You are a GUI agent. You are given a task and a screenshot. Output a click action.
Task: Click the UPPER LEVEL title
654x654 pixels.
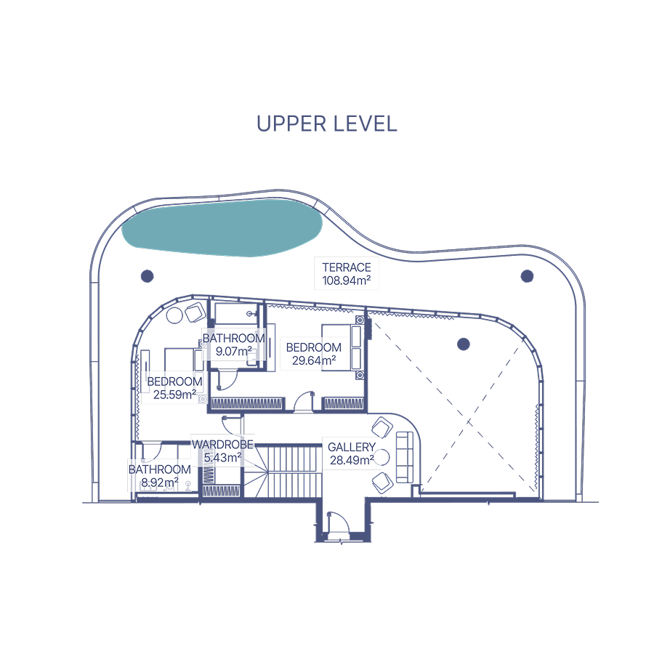pos(326,124)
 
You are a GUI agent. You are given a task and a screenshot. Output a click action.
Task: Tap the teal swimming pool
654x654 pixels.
pos(222,227)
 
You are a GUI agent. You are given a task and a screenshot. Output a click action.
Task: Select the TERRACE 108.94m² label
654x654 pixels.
pos(346,274)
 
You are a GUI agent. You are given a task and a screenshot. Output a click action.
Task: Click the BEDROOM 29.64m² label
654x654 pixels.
pos(314,354)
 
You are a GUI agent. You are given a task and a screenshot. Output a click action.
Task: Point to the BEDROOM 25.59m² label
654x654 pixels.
pos(174,388)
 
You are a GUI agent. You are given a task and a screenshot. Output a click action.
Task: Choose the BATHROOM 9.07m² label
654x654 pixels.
pos(233,344)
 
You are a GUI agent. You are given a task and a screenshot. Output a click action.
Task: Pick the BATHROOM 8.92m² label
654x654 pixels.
pos(160,476)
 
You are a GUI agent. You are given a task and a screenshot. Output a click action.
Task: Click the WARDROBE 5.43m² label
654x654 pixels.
pos(223,451)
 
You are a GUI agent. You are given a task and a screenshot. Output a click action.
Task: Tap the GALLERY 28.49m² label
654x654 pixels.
pos(352,453)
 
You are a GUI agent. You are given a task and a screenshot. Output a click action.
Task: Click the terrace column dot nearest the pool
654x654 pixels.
pos(148,276)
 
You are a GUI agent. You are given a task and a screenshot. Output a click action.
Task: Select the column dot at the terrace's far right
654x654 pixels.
pos(528,276)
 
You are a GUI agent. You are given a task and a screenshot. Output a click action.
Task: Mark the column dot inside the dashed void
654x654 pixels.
pos(464,344)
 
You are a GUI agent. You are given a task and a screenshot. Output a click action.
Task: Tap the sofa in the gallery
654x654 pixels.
pos(404,457)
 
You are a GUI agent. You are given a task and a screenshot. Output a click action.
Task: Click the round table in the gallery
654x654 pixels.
pos(381,458)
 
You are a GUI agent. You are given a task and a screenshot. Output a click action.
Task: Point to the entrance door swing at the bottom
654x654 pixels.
pos(339,522)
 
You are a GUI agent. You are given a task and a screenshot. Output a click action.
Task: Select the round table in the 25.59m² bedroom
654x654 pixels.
pos(174,315)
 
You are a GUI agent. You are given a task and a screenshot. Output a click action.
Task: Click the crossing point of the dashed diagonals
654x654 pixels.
pos(469,422)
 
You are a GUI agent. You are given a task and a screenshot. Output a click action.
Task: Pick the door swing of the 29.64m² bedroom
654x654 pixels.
pos(304,401)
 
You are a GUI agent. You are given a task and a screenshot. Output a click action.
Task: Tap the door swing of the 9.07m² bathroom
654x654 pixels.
pos(227,380)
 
